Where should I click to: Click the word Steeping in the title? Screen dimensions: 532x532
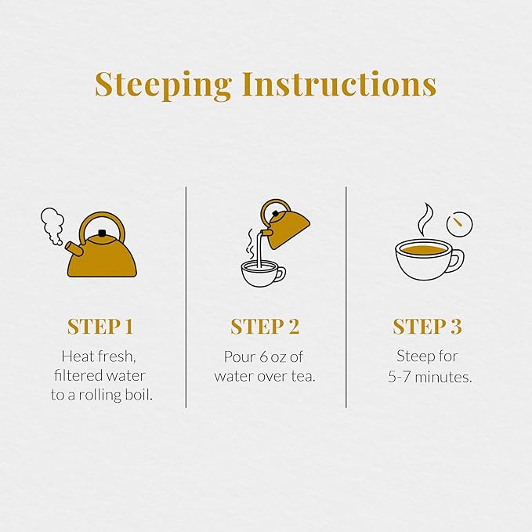[163, 85]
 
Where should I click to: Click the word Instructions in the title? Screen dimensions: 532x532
[339, 84]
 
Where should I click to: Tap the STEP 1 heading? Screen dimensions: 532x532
[100, 327]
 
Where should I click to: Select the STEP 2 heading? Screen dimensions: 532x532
[265, 327]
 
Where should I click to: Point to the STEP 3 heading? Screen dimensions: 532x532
[428, 327]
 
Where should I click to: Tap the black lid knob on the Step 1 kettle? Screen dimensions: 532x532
[101, 233]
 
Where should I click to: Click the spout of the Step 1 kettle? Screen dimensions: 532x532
[74, 249]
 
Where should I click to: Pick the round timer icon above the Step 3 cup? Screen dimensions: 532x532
[459, 224]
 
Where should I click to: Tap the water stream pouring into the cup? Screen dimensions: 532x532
[260, 249]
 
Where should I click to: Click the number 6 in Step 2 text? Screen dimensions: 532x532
[263, 357]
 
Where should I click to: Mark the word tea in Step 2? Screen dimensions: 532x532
[303, 376]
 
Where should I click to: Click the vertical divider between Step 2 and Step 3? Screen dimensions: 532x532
[346, 297]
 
